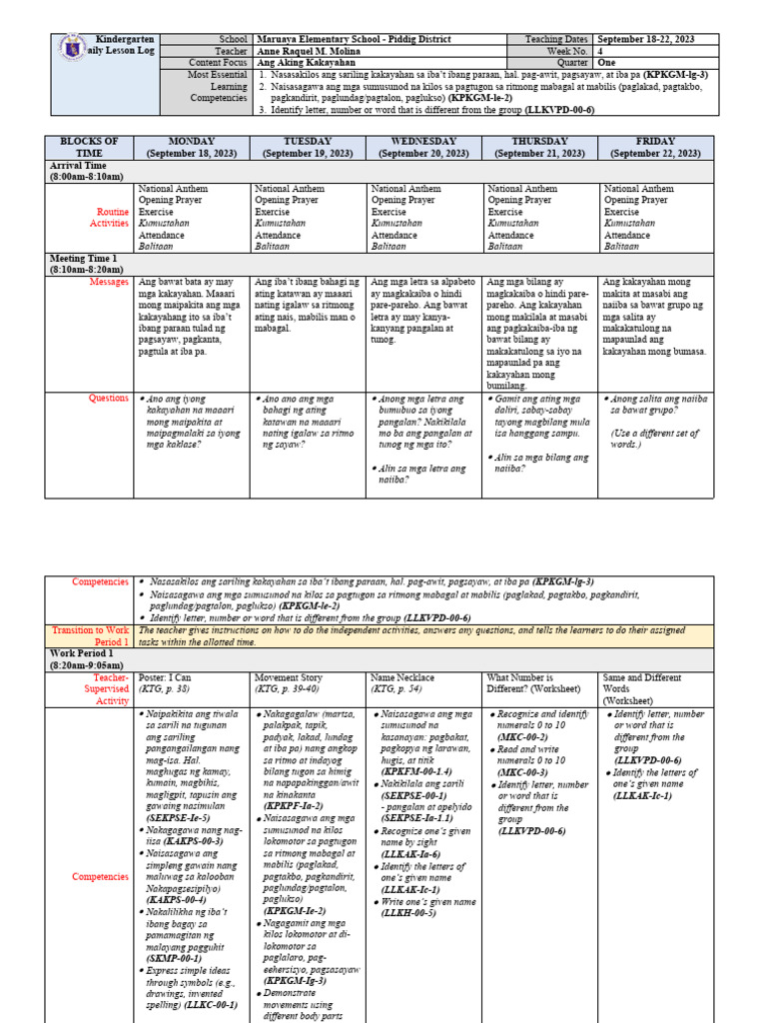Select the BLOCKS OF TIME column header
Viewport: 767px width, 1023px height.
[x=90, y=147]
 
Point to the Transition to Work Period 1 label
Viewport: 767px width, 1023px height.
[x=91, y=636]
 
